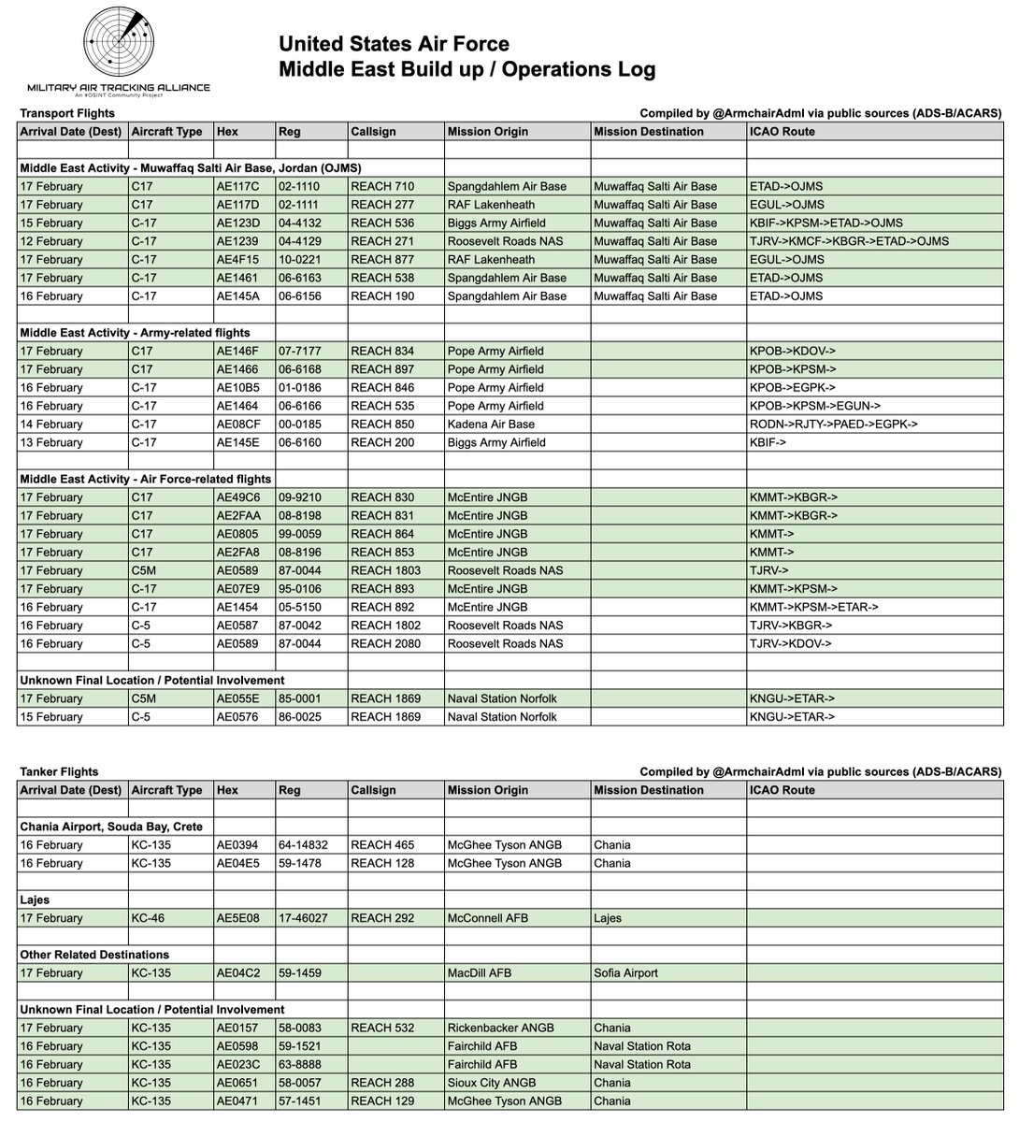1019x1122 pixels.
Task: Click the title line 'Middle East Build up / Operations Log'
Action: pyautogui.click(x=467, y=69)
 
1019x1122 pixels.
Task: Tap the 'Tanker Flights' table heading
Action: pyautogui.click(x=59, y=772)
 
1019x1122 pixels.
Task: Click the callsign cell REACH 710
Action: pyautogui.click(x=382, y=186)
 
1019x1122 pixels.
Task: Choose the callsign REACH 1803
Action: pyautogui.click(x=386, y=570)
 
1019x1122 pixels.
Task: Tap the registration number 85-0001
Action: pyautogui.click(x=299, y=698)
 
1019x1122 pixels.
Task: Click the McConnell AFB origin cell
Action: pyautogui.click(x=487, y=918)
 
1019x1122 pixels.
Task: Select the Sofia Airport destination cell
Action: pyautogui.click(x=625, y=973)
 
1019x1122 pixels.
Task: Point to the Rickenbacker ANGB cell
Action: pyautogui.click(x=501, y=1028)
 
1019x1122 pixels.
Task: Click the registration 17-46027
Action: pyautogui.click(x=303, y=918)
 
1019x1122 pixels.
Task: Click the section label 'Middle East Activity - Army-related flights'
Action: pyautogui.click(x=135, y=332)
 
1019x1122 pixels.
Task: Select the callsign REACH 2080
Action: pyautogui.click(x=386, y=643)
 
